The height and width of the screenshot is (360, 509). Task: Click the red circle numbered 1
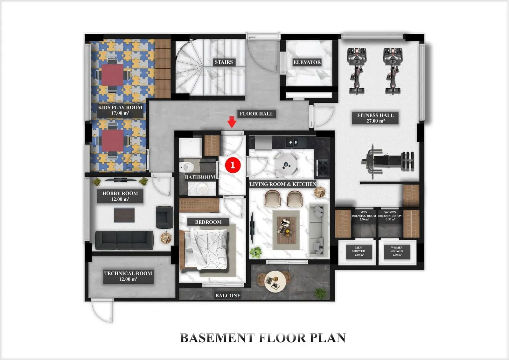tap(233, 165)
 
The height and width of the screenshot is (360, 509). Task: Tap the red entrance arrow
tap(232, 122)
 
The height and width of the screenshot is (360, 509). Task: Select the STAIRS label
tap(224, 62)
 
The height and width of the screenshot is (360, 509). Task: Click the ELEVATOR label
tap(307, 62)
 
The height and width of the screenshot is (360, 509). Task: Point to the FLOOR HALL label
tap(256, 114)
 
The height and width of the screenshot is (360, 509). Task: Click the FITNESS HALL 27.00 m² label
tap(375, 118)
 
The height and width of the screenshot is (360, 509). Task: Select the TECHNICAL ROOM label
tap(128, 276)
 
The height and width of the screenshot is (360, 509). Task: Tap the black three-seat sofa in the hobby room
tap(124, 240)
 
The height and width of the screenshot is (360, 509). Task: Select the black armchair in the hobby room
tap(165, 217)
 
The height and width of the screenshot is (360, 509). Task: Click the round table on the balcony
tap(275, 281)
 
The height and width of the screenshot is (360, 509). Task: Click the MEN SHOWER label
tap(358, 251)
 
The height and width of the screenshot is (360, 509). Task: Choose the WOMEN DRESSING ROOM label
tap(390, 216)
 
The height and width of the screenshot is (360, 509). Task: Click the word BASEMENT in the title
tap(217, 338)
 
